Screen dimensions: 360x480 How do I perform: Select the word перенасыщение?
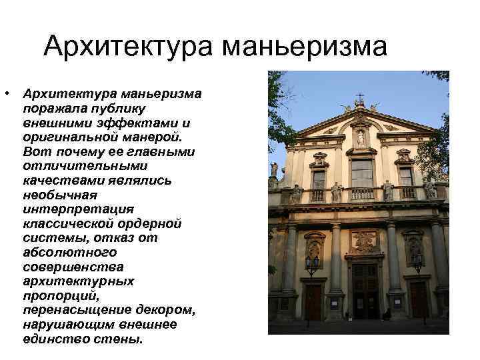click(x=71, y=310)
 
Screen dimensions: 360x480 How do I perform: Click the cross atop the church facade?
click(x=360, y=98)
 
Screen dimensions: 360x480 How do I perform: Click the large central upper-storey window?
click(x=361, y=173)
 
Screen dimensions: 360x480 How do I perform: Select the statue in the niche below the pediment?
click(x=361, y=138)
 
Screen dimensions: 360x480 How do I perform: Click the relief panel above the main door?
click(x=363, y=241)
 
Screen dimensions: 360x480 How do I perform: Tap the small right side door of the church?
click(x=417, y=298)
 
